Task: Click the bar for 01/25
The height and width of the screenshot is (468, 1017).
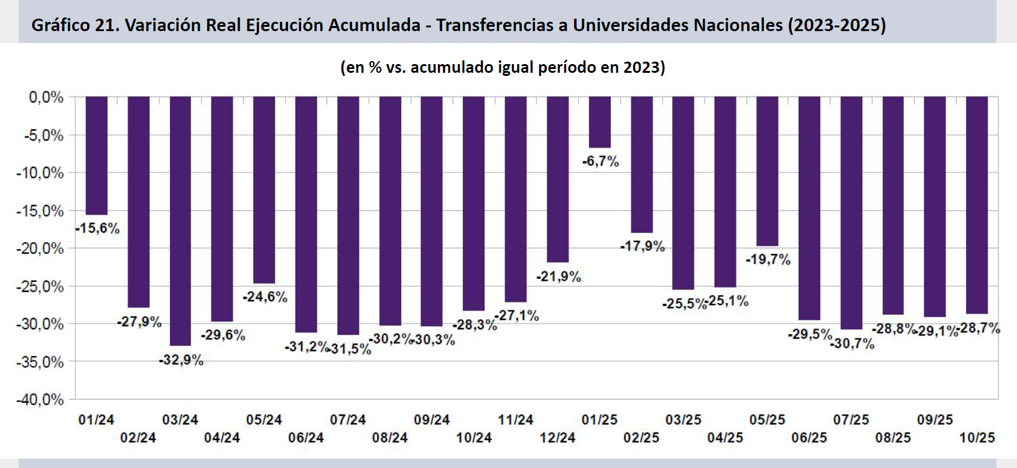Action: [x=600, y=122]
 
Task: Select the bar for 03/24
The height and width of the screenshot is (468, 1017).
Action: [x=180, y=221]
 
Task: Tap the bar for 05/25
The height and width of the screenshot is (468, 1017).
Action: [x=768, y=171]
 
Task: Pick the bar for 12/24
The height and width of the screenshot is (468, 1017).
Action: [x=557, y=179]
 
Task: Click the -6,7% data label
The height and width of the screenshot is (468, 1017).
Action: [x=601, y=162]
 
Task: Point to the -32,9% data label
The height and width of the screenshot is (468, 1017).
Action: [x=182, y=360]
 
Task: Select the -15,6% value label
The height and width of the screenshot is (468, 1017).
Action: [x=98, y=228]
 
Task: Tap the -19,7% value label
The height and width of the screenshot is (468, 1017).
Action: [x=768, y=260]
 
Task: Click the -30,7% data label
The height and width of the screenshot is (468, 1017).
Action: [x=853, y=344]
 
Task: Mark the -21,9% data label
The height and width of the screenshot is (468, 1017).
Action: [x=559, y=277]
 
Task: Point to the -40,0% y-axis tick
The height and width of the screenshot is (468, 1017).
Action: [x=40, y=400]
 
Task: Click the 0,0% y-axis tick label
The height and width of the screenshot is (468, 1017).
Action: [x=46, y=97]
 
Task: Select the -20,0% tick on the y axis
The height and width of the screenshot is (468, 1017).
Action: [x=40, y=248]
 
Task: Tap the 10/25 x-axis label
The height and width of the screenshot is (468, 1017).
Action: [x=977, y=438]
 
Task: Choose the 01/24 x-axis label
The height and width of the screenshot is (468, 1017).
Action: [x=96, y=420]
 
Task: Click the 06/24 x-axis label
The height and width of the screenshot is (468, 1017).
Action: [x=306, y=438]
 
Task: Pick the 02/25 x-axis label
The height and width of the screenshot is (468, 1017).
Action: [x=641, y=438]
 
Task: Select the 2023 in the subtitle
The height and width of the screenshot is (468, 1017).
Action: [x=642, y=67]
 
